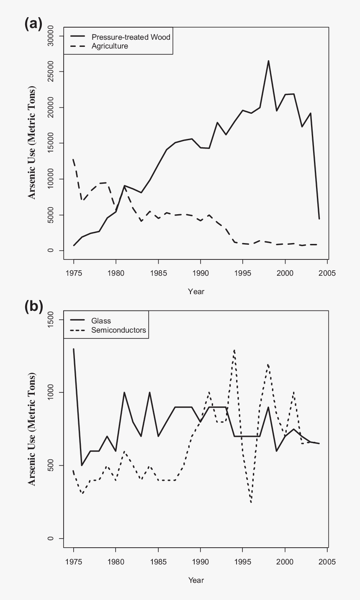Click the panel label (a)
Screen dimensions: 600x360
33,24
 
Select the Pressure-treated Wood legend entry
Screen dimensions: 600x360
131,37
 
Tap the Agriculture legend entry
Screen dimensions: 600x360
110,46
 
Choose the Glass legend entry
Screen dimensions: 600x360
101,321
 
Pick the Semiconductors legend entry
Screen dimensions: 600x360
118,330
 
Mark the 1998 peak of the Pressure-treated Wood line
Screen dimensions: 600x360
268,61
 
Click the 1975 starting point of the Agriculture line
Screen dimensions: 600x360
74,159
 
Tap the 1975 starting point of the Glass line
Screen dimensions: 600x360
74,349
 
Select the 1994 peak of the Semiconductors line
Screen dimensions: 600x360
234,350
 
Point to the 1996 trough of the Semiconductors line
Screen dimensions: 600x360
251,502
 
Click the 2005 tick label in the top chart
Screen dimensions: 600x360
327,273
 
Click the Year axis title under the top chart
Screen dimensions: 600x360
196,291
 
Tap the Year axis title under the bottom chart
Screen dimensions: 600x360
196,580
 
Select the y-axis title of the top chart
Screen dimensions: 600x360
32,143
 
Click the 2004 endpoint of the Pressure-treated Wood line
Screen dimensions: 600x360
319,219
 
